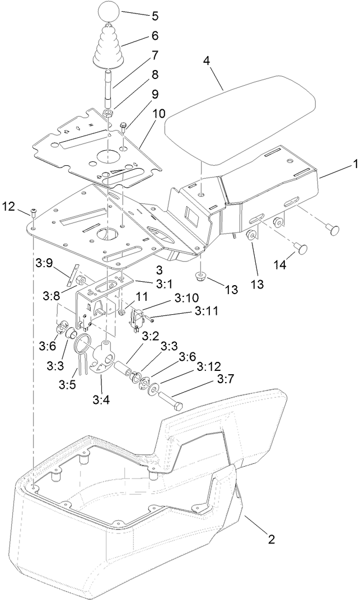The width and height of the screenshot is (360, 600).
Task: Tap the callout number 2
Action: [x=271, y=540]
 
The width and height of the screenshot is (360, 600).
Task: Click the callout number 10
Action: [x=158, y=113]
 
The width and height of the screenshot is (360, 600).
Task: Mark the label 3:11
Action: [x=207, y=309]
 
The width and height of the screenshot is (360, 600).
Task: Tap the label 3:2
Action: [x=149, y=336]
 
